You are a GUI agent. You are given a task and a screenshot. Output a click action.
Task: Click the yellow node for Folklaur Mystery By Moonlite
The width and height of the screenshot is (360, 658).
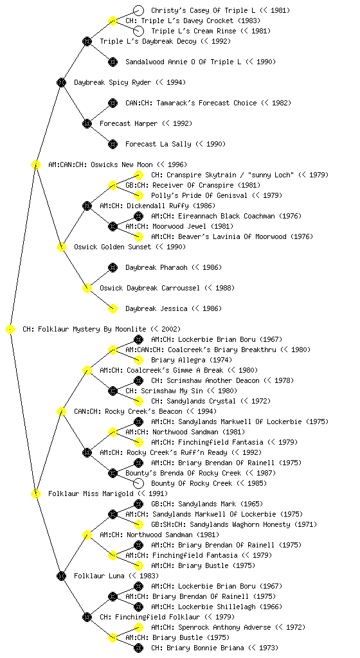click(10, 329)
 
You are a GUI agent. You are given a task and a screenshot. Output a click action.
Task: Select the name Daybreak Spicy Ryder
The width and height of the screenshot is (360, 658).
click(113, 83)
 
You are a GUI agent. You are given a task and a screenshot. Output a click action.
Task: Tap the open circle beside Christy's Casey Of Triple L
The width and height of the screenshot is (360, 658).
click(138, 10)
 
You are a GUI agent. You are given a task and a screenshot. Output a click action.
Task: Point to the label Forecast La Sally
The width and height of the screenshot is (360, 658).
click(158, 145)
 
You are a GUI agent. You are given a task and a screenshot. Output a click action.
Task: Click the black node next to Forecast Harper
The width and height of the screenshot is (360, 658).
click(87, 123)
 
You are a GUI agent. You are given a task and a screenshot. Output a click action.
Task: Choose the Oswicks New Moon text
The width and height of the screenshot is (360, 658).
click(122, 165)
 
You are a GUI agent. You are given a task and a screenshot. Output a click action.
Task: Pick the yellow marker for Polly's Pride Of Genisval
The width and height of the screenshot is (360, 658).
click(138, 195)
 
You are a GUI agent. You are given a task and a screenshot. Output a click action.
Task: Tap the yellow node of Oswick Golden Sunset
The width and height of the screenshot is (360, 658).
click(61, 247)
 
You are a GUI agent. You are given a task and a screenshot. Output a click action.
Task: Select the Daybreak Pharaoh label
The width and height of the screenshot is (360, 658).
click(156, 268)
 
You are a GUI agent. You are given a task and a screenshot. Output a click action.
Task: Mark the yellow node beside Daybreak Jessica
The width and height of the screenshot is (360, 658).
click(113, 308)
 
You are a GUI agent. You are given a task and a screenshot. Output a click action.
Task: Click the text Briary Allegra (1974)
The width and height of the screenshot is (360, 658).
click(192, 360)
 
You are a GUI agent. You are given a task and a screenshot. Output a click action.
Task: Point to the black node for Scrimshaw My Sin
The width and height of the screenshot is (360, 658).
click(113, 391)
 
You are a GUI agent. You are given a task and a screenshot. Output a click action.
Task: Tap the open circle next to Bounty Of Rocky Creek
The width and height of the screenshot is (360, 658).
click(138, 483)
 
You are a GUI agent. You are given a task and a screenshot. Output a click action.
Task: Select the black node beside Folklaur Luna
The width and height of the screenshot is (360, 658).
click(61, 576)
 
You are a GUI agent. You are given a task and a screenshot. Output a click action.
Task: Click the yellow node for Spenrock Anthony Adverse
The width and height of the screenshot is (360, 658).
click(138, 627)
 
